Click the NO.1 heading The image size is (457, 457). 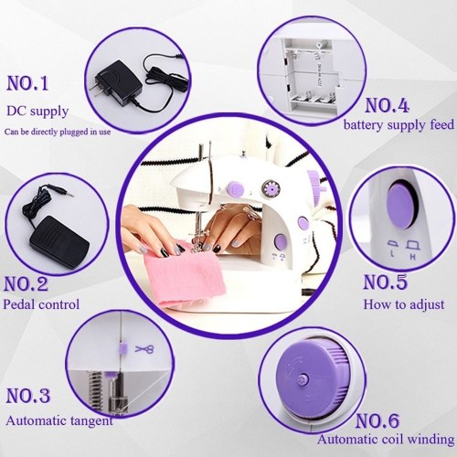point(27,83)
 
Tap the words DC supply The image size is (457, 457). point(37,112)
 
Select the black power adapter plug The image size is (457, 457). point(117,83)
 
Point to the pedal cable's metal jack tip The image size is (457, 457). point(69,194)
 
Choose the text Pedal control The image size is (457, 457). point(41,304)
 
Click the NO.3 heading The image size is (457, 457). point(28,396)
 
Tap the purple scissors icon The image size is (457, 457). point(144,349)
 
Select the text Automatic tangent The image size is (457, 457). point(59,421)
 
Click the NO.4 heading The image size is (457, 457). point(387,106)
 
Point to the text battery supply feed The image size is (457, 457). point(399,125)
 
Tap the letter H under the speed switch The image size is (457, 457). point(413,257)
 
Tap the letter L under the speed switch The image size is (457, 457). point(392,253)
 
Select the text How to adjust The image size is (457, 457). point(404,304)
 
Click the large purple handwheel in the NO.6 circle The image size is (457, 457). point(312,379)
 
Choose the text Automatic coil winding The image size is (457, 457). point(386,440)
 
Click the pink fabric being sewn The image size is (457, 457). point(186,274)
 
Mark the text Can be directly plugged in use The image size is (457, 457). point(58,133)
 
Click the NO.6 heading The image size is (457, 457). point(377,420)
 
